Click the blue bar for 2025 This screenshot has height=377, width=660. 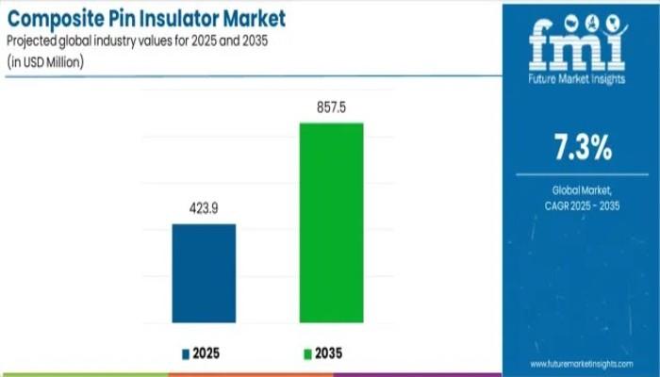204,273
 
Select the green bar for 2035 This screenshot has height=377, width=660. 331,222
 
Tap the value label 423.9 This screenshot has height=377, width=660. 204,210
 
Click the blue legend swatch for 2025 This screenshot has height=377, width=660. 186,353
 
